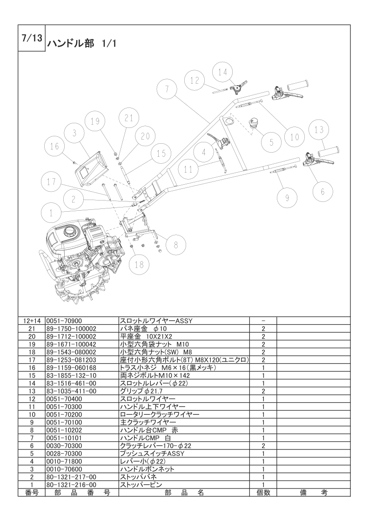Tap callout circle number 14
click(x=223, y=72)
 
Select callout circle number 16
click(x=54, y=147)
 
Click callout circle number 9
click(x=287, y=198)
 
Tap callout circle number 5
click(x=271, y=141)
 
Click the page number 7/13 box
click(x=32, y=38)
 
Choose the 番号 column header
click(x=31, y=492)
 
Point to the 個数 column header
click(x=263, y=492)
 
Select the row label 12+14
click(x=31, y=321)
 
